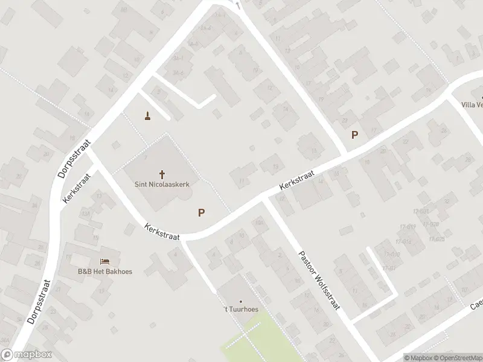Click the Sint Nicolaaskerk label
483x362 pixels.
click(x=161, y=185)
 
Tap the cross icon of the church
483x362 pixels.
click(x=162, y=174)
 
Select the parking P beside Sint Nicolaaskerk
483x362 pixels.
click(x=201, y=212)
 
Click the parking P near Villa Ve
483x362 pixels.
click(x=354, y=135)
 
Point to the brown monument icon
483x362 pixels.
click(x=147, y=115)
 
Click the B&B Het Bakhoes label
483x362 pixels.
click(x=104, y=271)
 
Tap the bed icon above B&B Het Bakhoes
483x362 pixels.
click(x=105, y=261)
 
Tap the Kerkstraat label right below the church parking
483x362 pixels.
click(x=162, y=232)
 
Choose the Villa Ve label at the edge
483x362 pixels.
click(x=472, y=105)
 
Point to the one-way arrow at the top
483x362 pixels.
click(x=238, y=5)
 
